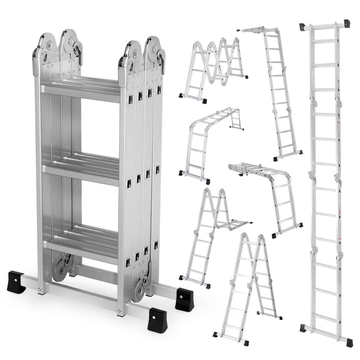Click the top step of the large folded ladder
click(x=81, y=87)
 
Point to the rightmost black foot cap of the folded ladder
click(x=184, y=298)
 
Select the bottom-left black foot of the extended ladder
click(x=304, y=328)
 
